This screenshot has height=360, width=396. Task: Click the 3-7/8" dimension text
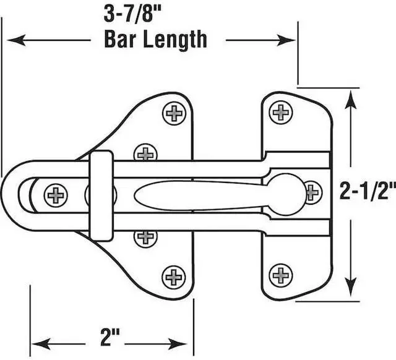coord(132,14)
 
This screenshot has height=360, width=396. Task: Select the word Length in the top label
coord(175,40)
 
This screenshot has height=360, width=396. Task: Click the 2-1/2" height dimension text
coord(368,191)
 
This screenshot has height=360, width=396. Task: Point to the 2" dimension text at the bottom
coord(110,338)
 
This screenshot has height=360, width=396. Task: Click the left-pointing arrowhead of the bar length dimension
coord(17,40)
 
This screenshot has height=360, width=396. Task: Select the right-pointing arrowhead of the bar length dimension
coord(286,40)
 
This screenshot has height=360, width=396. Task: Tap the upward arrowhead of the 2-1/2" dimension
coord(351,100)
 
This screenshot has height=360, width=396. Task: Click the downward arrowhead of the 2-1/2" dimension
coord(351,287)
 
